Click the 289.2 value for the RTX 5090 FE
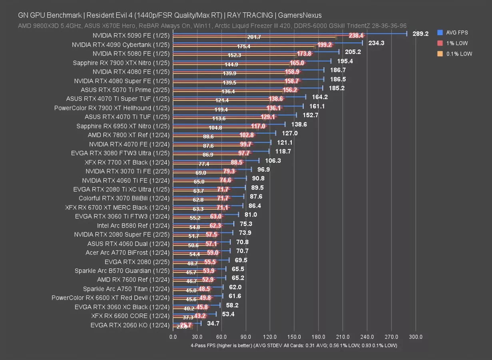[420, 34]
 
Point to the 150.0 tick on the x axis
[294, 337]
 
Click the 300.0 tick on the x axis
[416, 337]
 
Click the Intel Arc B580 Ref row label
[133, 226]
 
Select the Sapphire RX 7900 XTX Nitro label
[121, 63]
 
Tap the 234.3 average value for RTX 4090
[376, 43]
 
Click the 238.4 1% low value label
[356, 36]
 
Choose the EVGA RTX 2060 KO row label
[130, 325]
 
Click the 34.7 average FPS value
[213, 323]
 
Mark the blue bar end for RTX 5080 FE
[339, 52]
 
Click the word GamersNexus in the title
[300, 15]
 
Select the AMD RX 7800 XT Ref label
[129, 135]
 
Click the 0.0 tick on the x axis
[173, 337]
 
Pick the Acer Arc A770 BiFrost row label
[127, 253]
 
